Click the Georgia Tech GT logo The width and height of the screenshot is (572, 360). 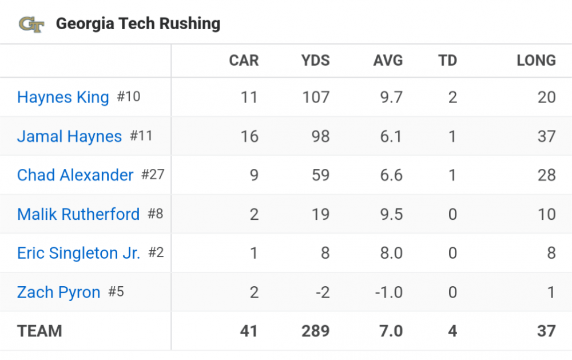[x=31, y=24]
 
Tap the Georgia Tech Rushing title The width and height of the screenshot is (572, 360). [x=138, y=24]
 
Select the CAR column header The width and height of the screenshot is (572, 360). [x=244, y=61]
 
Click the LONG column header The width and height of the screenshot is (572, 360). [x=536, y=61]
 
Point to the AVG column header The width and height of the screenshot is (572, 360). [x=388, y=61]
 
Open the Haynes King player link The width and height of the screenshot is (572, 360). [x=63, y=97]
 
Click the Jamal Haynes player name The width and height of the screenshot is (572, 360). [x=69, y=136]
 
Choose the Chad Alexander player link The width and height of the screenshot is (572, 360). [x=75, y=175]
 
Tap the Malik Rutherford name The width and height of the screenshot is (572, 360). [x=78, y=214]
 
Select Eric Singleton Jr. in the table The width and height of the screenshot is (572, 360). [x=78, y=253]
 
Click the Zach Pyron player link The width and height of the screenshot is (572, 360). [x=58, y=292]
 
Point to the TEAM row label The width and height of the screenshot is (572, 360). [x=39, y=331]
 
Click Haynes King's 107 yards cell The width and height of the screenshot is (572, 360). [x=316, y=97]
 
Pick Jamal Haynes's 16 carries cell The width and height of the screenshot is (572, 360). [x=249, y=136]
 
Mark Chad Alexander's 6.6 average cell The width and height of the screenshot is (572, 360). [x=391, y=175]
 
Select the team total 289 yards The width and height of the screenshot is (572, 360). [x=315, y=331]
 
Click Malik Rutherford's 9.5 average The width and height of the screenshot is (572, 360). [x=391, y=214]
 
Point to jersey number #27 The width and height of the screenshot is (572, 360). [x=153, y=175]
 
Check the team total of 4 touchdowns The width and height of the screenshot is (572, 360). [x=452, y=331]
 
